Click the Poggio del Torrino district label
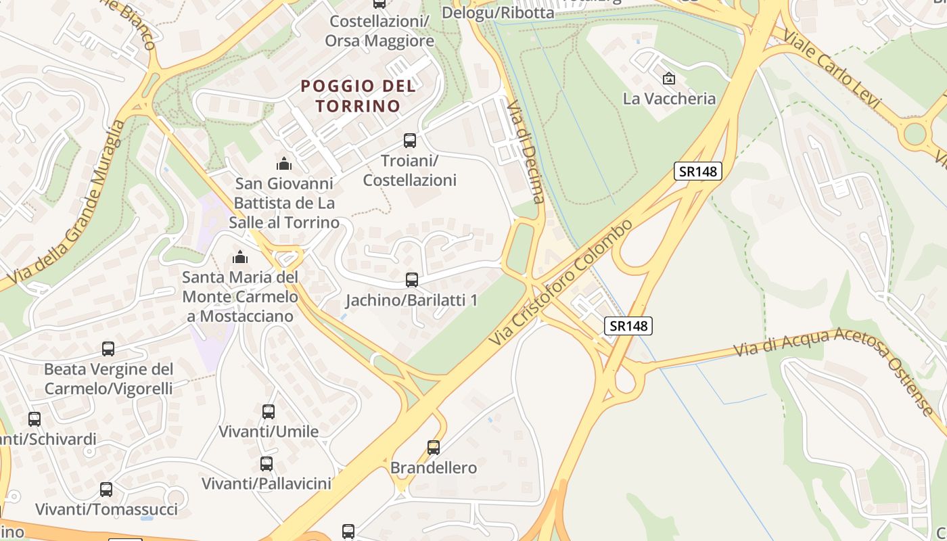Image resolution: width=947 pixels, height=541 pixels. tap(358, 96)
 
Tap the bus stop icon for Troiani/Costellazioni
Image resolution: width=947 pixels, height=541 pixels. tap(410, 141)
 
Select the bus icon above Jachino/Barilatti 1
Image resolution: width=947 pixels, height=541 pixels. tap(411, 279)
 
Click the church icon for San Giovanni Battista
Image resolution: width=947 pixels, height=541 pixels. tap(284, 163)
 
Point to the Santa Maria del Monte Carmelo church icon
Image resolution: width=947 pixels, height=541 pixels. tap(239, 257)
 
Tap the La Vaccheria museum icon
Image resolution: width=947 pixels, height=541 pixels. tap(669, 78)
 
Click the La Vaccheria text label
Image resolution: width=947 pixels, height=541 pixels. tap(669, 99)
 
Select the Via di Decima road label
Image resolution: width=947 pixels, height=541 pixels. tap(526, 151)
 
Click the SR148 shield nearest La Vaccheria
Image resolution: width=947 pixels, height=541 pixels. tap(698, 171)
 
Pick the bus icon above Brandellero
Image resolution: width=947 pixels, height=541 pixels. tap(434, 447)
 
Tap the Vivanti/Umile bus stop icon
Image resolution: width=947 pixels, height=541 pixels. tap(269, 411)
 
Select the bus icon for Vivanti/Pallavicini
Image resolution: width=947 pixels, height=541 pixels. tap(267, 463)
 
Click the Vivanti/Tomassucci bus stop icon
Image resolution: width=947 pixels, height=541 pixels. tap(106, 489)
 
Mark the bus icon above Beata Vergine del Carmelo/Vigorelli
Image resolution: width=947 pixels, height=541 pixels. tap(108, 349)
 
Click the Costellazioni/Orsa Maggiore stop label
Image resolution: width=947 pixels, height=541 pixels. tap(379, 31)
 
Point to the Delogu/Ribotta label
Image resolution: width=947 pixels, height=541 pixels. tap(498, 12)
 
